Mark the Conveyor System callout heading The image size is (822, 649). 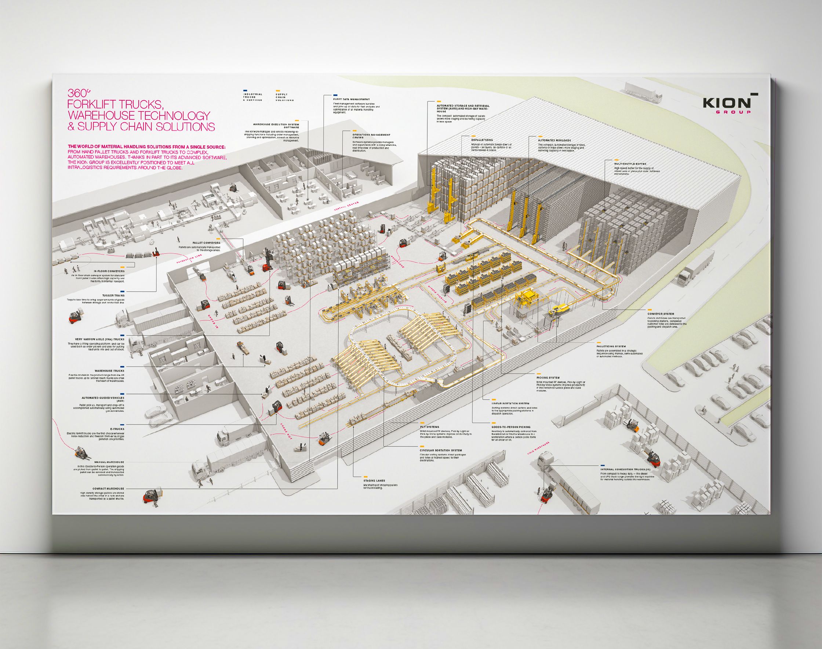(661, 314)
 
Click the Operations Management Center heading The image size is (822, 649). (371, 136)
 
